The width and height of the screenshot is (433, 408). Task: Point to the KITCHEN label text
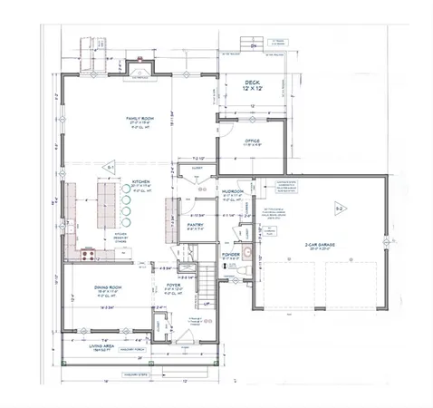140,180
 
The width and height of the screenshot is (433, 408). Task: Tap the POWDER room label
230,254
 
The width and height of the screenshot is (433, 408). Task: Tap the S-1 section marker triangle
109,169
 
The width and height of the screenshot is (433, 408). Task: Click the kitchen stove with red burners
89,255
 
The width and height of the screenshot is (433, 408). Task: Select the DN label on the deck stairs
254,44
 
